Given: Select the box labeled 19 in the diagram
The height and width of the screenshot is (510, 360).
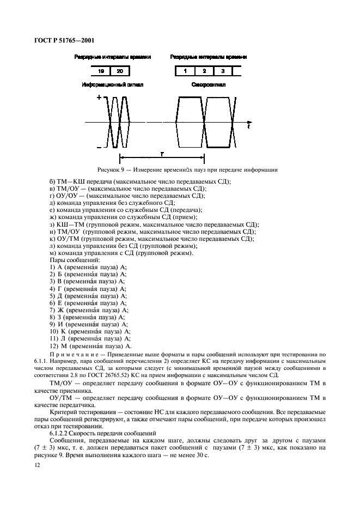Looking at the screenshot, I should click(101, 71).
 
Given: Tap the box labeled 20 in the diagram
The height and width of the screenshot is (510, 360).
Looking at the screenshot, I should click(119, 71).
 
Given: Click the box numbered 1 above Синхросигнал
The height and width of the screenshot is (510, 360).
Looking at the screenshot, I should click(186, 71).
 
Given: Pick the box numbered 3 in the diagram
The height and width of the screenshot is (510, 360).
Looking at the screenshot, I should click(222, 71).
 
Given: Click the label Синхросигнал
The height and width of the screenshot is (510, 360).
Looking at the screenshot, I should click(208, 85).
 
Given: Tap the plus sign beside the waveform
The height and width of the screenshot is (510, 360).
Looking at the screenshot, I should click(99, 98).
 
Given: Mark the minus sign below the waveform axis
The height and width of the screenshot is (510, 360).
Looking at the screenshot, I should click(99, 147).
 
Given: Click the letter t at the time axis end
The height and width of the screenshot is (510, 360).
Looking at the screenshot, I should click(248, 126).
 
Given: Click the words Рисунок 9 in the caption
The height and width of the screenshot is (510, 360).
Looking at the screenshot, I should click(111, 169).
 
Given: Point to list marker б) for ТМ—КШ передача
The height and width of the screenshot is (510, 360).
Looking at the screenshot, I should click(52, 181).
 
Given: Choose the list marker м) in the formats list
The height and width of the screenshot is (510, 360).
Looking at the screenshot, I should click(52, 253).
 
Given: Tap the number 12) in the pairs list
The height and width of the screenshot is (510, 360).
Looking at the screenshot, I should click(53, 346).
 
